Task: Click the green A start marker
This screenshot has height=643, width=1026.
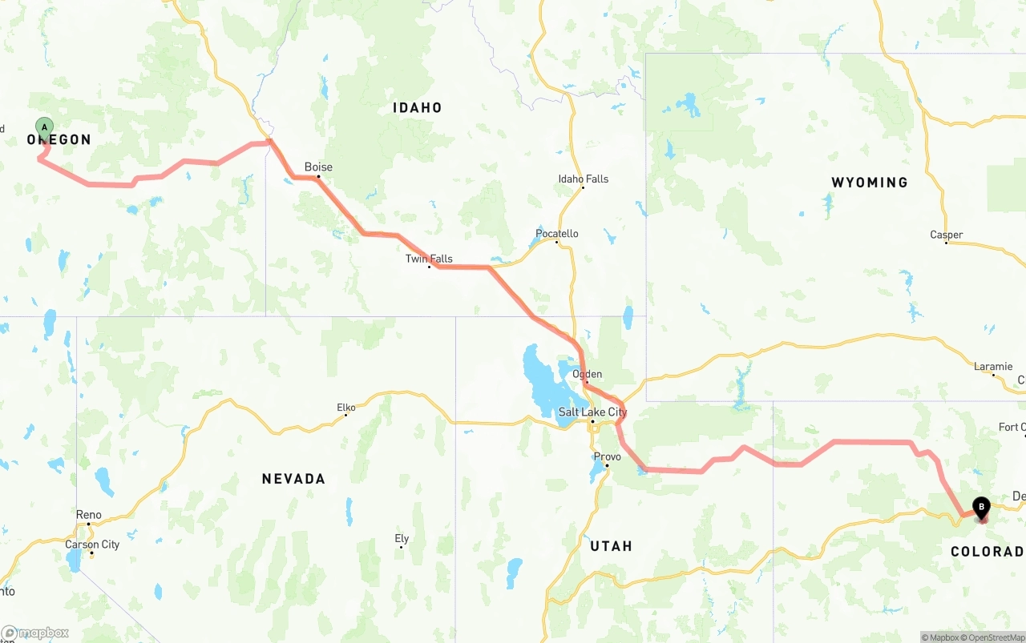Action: [x=45, y=127]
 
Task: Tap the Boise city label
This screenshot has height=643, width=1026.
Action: [x=318, y=167]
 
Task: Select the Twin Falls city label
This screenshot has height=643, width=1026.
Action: [x=429, y=259]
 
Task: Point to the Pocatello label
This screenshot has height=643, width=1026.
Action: [x=557, y=234]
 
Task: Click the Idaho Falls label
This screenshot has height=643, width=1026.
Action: [x=584, y=179]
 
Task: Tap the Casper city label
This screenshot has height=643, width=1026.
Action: [x=947, y=235]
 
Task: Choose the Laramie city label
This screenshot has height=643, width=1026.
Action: [x=993, y=367]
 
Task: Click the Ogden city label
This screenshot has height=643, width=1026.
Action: [x=587, y=374]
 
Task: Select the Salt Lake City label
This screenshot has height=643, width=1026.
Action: [x=593, y=412]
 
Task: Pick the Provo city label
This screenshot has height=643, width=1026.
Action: [x=607, y=457]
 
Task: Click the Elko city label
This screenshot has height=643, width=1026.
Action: [x=345, y=408]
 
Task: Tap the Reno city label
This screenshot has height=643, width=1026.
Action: [x=89, y=515]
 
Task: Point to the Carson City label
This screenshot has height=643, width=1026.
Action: [x=92, y=545]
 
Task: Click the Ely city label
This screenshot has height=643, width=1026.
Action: [x=402, y=539]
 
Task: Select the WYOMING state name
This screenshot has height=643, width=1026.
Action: [x=870, y=183]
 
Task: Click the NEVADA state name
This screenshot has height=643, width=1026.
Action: [x=293, y=479]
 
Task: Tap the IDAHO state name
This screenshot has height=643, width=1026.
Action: [x=417, y=107]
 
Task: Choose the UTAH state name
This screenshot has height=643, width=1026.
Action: [x=611, y=546]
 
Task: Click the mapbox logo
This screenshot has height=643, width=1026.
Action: [x=35, y=633]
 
